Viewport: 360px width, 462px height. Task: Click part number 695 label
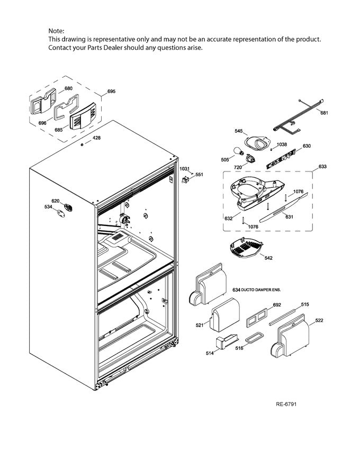point(111,92)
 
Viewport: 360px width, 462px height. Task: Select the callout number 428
point(96,138)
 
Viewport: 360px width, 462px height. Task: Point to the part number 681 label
point(324,113)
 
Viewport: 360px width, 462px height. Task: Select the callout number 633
point(322,167)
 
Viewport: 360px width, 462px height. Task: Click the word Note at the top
point(56,32)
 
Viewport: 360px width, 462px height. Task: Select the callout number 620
point(55,201)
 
